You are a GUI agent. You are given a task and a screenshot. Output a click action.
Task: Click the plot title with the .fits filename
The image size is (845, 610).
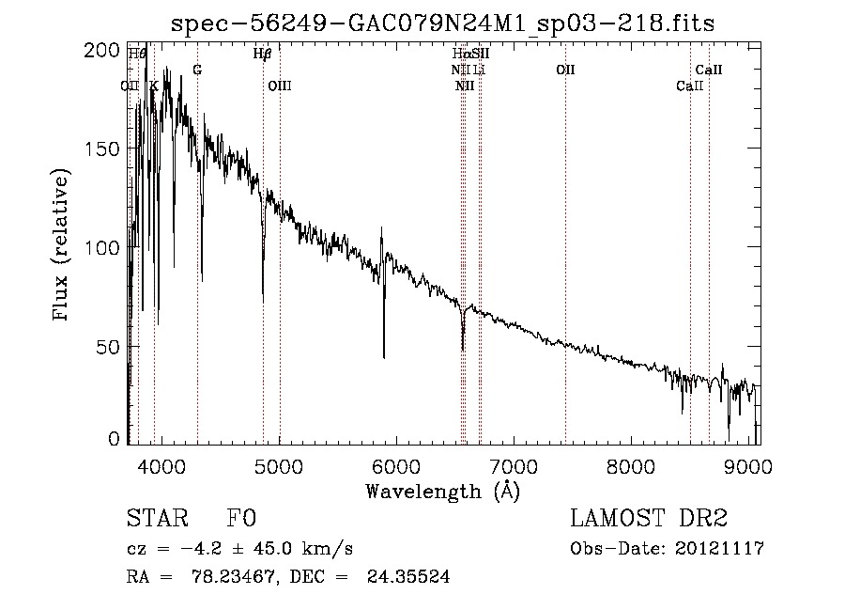click(x=443, y=23)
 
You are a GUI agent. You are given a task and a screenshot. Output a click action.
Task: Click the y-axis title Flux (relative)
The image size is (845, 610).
click(x=63, y=246)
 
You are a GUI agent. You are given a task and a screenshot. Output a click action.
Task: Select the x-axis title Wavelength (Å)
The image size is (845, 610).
click(x=442, y=491)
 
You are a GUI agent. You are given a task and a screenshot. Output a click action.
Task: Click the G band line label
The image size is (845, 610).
click(x=197, y=70)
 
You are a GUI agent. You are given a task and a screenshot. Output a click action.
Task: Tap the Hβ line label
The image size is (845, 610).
click(x=263, y=54)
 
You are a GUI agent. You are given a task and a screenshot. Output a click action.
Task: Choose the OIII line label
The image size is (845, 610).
click(x=280, y=86)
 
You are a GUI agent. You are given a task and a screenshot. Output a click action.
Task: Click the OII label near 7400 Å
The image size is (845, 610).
click(x=565, y=70)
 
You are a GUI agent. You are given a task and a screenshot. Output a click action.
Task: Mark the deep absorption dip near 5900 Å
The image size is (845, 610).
click(x=383, y=355)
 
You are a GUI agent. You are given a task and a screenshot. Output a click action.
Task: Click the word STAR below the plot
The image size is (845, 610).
click(x=154, y=519)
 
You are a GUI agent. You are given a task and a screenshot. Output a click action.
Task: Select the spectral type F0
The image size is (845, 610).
click(x=241, y=519)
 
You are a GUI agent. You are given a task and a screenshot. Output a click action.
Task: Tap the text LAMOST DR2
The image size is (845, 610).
click(x=649, y=519)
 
